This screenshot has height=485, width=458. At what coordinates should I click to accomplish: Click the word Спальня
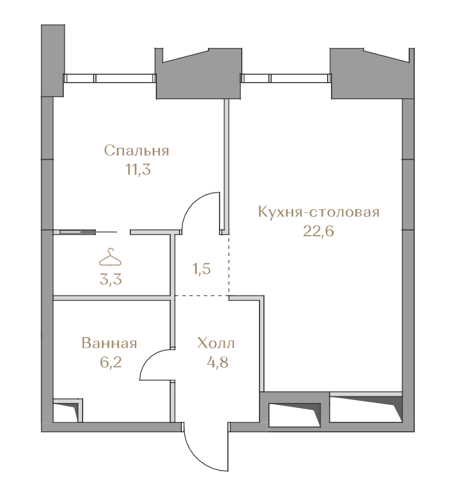[136, 151]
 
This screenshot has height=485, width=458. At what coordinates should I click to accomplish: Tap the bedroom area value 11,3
[138, 170]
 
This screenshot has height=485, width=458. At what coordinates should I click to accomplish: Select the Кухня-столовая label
[318, 212]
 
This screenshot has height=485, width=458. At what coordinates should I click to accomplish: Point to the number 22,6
[318, 231]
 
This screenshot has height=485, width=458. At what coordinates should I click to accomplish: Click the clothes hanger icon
[110, 257]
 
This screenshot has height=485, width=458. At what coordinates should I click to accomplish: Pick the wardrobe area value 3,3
[110, 279]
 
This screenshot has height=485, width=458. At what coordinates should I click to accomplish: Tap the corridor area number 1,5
[202, 269]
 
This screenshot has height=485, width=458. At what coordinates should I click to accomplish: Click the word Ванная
[109, 343]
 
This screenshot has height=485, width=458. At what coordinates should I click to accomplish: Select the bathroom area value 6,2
[110, 362]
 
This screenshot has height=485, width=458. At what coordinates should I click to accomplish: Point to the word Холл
[216, 343]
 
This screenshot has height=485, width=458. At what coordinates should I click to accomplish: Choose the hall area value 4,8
[217, 362]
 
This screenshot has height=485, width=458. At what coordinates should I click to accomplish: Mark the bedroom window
[110, 78]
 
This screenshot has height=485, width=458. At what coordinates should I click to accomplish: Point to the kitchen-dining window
[286, 78]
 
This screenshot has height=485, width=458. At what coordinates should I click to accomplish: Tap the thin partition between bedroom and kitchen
[227, 166]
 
